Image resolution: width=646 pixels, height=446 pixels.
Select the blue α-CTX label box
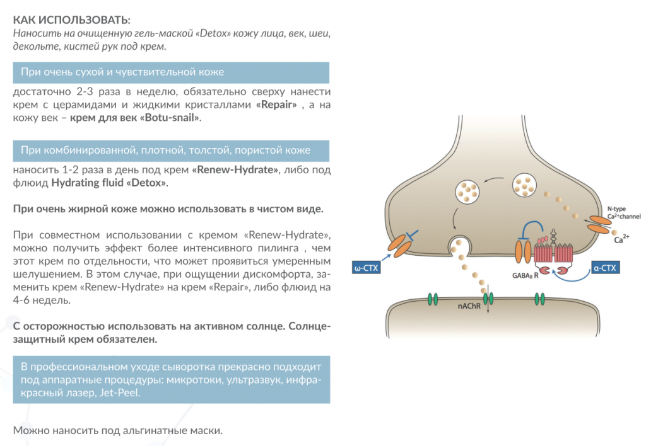click(605, 267)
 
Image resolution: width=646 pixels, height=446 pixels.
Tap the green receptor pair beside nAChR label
click(487, 298)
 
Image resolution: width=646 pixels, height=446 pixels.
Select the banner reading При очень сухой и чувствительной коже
click(171, 72)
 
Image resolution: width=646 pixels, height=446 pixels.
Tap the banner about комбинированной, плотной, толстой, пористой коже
click(171, 150)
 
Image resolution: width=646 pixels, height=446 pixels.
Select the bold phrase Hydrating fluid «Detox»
click(110, 183)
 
